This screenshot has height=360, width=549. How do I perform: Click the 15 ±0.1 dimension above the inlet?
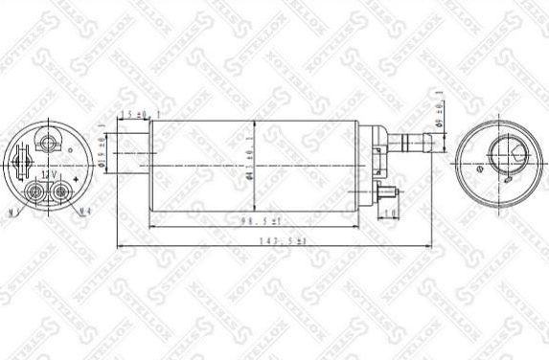coord(137,115)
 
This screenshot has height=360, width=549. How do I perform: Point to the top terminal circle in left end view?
coord(48,143)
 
